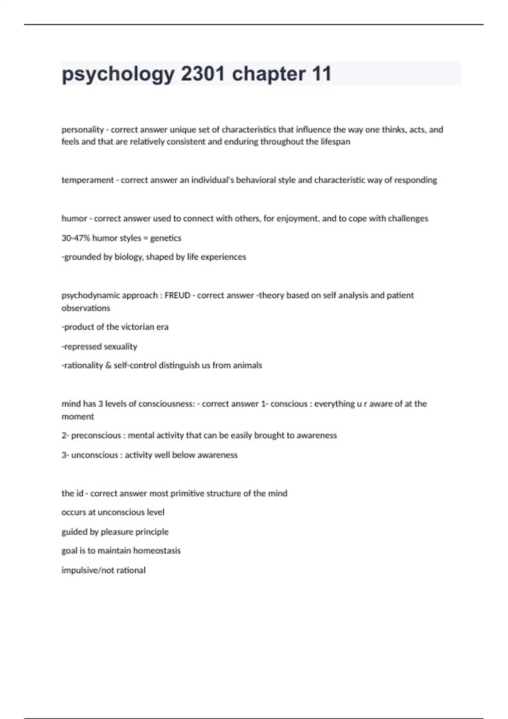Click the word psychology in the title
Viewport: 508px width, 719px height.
click(118, 74)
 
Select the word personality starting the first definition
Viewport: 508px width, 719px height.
click(83, 129)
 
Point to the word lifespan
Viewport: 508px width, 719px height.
click(335, 142)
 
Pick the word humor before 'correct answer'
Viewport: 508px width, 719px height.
click(74, 218)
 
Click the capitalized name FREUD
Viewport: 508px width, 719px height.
click(177, 295)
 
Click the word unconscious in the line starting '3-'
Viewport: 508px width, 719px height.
click(94, 455)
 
